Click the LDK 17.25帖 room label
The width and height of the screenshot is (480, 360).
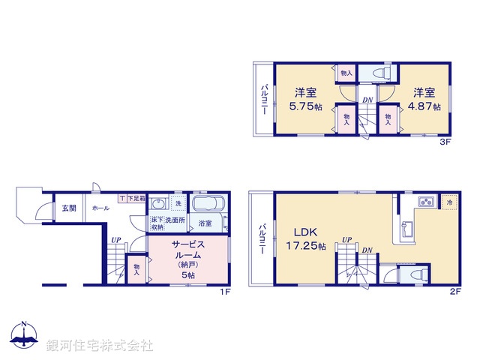pyautogui.click(x=303, y=238)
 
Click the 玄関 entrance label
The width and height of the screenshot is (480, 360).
pyautogui.click(x=68, y=208)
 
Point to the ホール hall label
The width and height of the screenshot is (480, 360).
pyautogui.click(x=100, y=208)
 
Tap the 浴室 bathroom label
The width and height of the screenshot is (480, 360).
pyautogui.click(x=204, y=223)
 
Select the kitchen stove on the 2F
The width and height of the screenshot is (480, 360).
pyautogui.click(x=427, y=202)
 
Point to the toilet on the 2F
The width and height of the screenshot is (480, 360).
pyautogui.click(x=409, y=274)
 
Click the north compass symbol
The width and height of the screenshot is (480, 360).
pyautogui.click(x=24, y=337)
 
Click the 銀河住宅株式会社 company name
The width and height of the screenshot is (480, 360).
pyautogui.click(x=100, y=346)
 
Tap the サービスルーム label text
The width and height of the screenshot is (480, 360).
pyautogui.click(x=187, y=250)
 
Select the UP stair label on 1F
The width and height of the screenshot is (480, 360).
pyautogui.click(x=115, y=240)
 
